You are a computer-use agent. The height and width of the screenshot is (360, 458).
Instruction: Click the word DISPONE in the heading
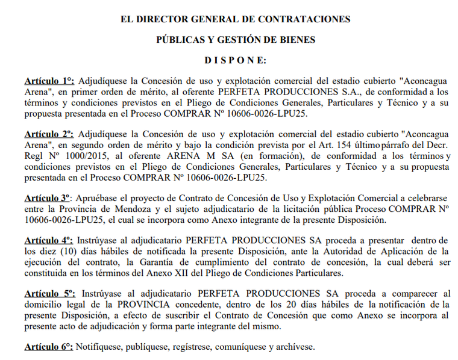[235, 60]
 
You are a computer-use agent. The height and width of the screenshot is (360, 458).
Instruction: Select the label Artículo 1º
[49, 81]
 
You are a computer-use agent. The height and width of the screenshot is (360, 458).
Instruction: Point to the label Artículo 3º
[49, 197]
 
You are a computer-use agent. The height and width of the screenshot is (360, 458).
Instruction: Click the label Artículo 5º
[49, 293]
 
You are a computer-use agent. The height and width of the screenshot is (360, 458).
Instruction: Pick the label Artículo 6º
[49, 347]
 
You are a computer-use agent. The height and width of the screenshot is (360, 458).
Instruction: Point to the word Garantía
[203, 261]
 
